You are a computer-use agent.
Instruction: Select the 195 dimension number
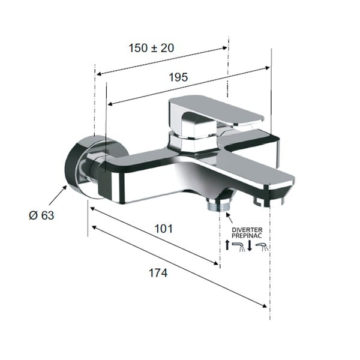click(178, 77)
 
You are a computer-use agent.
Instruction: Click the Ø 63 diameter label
click(41, 215)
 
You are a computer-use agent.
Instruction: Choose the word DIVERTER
click(246, 230)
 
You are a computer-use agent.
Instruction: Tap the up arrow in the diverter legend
click(227, 245)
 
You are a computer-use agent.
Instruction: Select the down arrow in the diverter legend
click(249, 245)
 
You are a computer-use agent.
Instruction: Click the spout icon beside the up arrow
click(238, 246)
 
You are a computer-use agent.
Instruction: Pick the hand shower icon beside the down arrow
click(262, 246)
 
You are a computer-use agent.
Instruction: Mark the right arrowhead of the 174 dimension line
click(265, 305)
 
